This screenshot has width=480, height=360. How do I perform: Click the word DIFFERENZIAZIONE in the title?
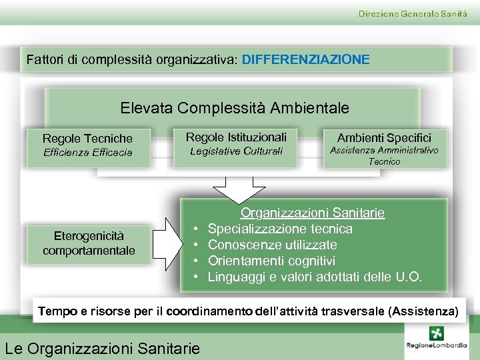(305, 59)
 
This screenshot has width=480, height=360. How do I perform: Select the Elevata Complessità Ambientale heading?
(235, 107)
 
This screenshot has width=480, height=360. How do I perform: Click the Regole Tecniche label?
(87, 139)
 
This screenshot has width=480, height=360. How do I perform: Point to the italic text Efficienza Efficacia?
(87, 153)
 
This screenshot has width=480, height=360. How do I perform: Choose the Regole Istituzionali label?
(236, 137)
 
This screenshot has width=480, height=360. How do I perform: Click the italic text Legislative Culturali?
(236, 151)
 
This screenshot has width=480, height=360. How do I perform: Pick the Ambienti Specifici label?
(384, 138)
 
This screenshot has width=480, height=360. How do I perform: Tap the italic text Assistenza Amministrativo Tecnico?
(384, 156)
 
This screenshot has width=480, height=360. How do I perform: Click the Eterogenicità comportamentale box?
(89, 243)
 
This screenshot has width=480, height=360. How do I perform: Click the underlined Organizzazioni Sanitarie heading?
(312, 213)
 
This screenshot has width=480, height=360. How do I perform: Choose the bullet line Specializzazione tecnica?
(280, 229)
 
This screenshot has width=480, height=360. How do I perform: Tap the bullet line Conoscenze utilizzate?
(272, 245)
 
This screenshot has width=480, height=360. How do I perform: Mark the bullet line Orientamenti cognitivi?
(271, 261)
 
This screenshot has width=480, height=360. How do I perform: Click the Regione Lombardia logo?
(436, 341)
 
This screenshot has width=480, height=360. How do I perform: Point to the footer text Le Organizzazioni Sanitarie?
(102, 348)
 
